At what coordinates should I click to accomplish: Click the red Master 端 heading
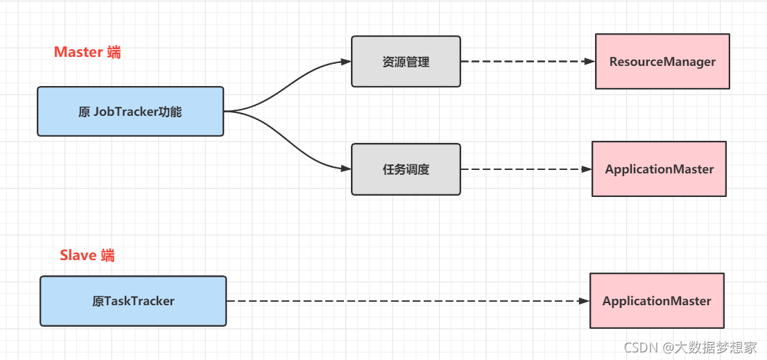click(x=87, y=52)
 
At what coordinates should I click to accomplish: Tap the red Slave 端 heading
click(x=87, y=255)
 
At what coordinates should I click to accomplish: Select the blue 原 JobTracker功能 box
click(x=130, y=111)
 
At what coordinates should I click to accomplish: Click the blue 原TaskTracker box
click(x=133, y=301)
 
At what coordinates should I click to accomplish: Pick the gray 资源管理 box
click(x=406, y=62)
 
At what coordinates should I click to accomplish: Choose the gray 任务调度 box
click(x=406, y=169)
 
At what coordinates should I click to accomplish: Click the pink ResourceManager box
click(x=662, y=62)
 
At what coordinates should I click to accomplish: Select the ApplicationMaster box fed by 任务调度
click(x=659, y=169)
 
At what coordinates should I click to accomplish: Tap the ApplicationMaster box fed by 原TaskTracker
click(x=657, y=301)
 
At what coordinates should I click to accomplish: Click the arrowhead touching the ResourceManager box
click(x=589, y=62)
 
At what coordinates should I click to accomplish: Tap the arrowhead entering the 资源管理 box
click(x=346, y=62)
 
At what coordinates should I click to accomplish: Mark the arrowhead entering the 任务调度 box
click(x=346, y=169)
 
